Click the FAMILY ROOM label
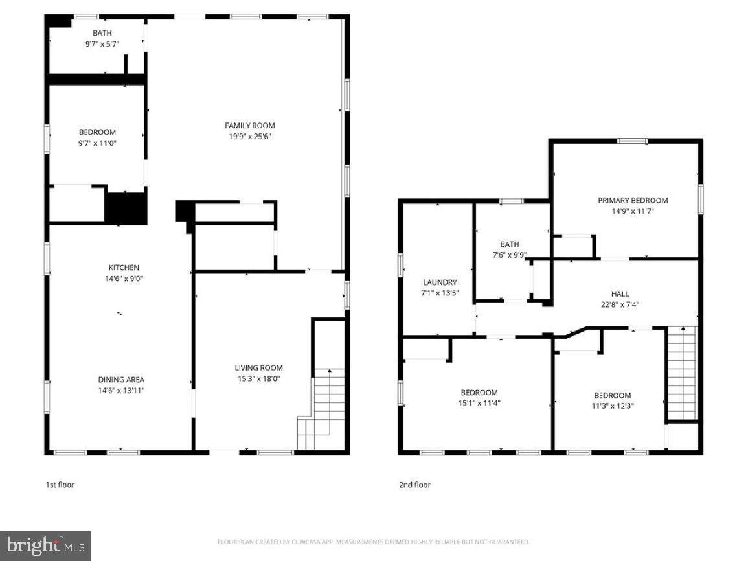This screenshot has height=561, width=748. pyautogui.click(x=249, y=126)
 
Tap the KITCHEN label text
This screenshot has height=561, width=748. pyautogui.click(x=123, y=268)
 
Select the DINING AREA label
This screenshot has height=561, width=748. pyautogui.click(x=121, y=380)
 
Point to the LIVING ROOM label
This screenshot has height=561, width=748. pyautogui.click(x=258, y=368)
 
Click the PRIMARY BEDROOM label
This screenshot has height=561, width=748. pyautogui.click(x=632, y=200)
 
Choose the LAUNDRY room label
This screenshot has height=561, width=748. pyautogui.click(x=440, y=282)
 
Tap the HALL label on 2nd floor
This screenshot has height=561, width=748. pyautogui.click(x=620, y=293)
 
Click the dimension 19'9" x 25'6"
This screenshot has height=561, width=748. pyautogui.click(x=249, y=137)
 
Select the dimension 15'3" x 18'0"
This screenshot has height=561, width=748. pyautogui.click(x=258, y=379)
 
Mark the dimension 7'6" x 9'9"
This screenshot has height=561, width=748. pyautogui.click(x=509, y=255)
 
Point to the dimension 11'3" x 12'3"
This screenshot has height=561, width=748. pyautogui.click(x=612, y=406)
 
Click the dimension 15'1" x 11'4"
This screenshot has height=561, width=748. pyautogui.click(x=479, y=403)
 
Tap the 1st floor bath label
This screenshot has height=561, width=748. pyautogui.click(x=102, y=33)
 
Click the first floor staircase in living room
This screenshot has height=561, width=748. pyautogui.click(x=321, y=408)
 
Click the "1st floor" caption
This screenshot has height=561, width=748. pyautogui.click(x=60, y=485)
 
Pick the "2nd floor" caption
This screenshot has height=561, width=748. pyautogui.click(x=414, y=485)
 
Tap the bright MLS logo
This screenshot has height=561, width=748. pyautogui.click(x=45, y=546)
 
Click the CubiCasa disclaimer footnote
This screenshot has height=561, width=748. pyautogui.click(x=374, y=542)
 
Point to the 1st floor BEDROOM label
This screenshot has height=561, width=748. pyautogui.click(x=97, y=132)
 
